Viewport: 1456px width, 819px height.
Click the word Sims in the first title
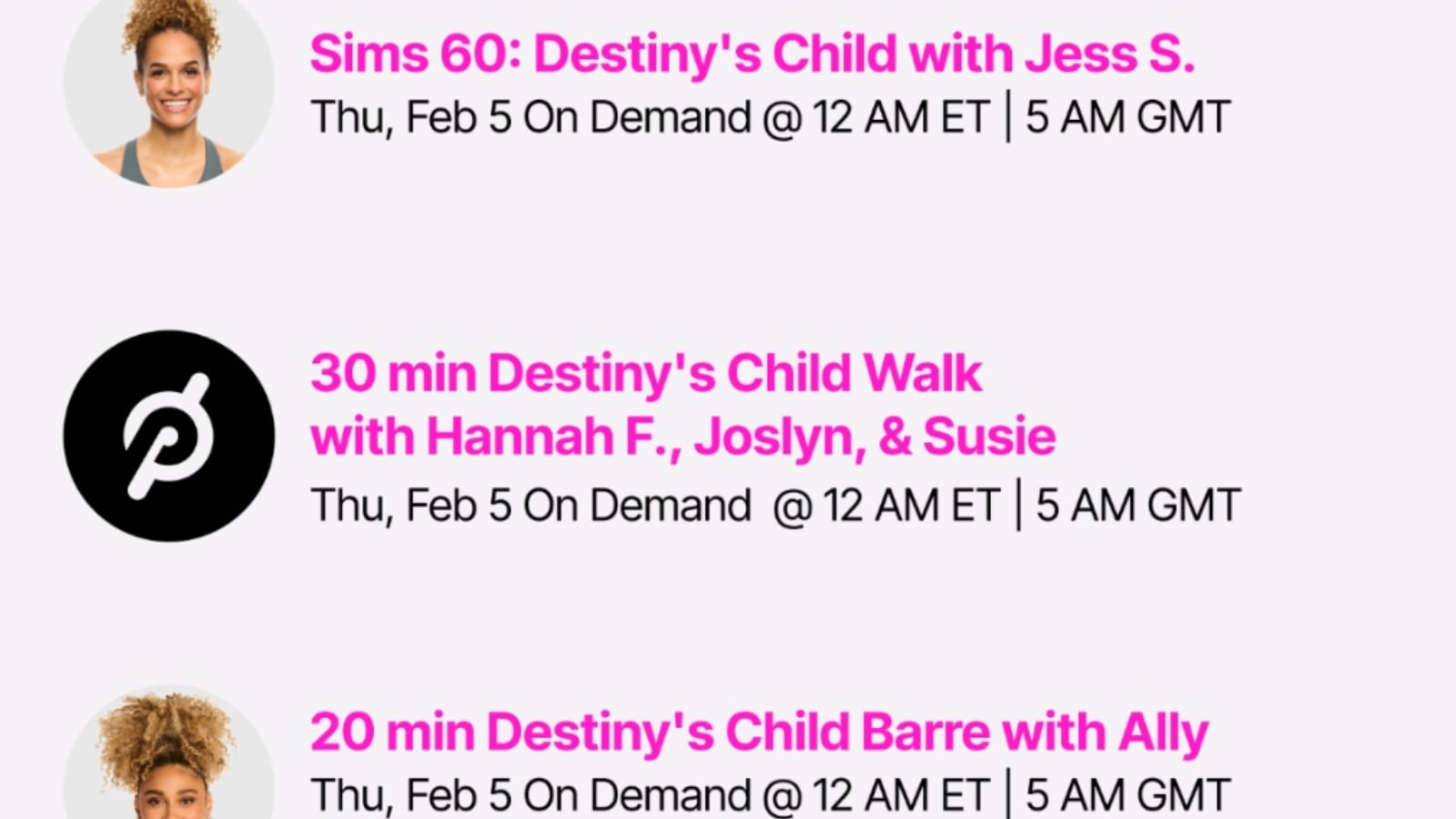[x=369, y=54]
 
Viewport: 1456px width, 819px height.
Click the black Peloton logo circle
[x=169, y=436]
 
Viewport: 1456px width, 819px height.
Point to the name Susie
[x=989, y=436]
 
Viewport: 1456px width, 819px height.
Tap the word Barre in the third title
[x=925, y=732]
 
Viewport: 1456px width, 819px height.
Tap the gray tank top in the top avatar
[x=170, y=161]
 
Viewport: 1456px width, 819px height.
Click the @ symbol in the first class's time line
[x=782, y=118]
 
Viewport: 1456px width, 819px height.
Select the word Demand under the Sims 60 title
[x=670, y=117]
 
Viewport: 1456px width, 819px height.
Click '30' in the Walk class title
[x=342, y=373]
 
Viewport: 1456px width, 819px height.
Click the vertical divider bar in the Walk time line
[x=1018, y=504]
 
